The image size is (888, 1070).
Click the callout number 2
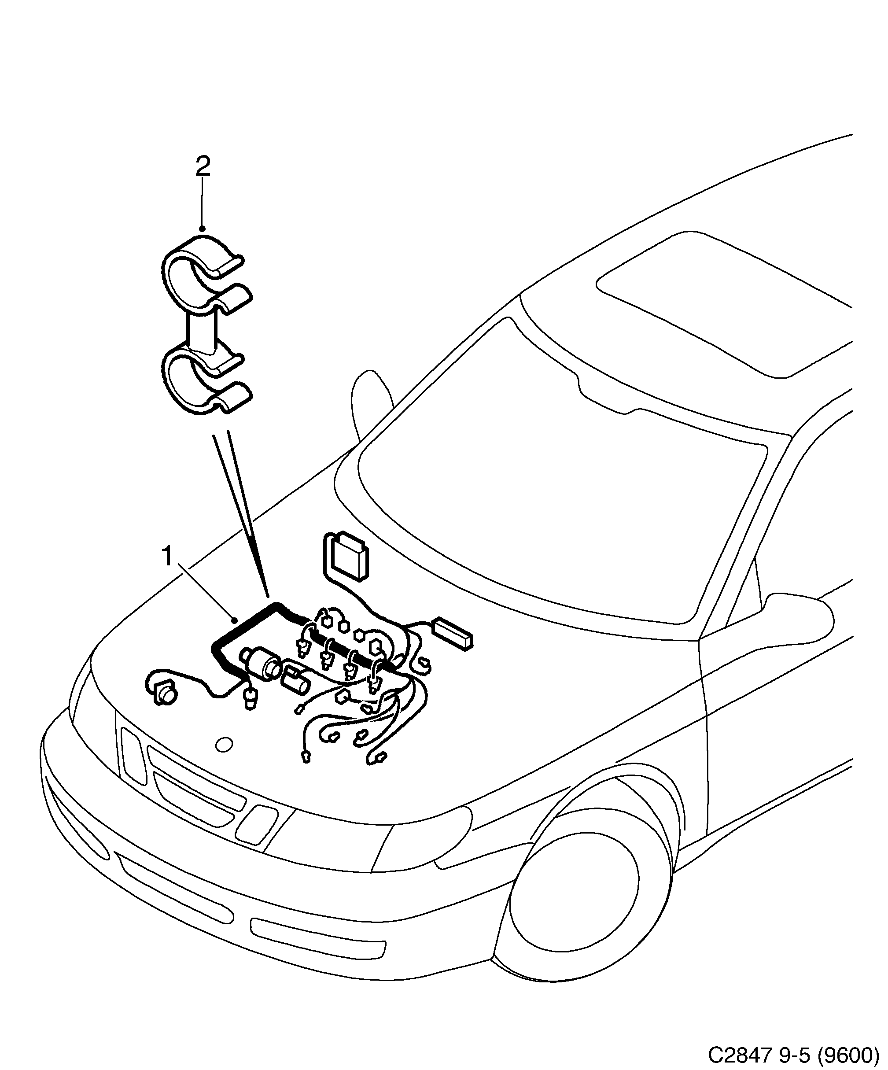tap(203, 166)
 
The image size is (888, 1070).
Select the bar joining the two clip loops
tap(202, 331)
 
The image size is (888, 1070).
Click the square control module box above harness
tap(346, 558)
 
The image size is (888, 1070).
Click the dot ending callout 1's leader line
tap(235, 620)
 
